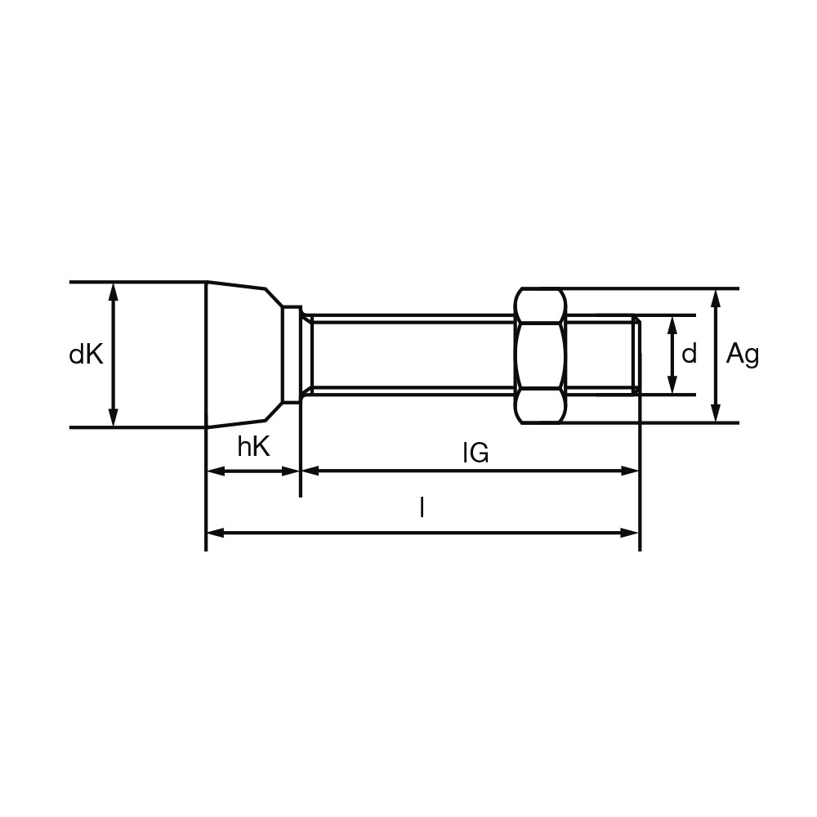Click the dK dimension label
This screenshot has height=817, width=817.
[87, 355]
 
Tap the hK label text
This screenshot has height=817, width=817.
[254, 447]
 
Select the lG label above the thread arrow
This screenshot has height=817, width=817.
[475, 453]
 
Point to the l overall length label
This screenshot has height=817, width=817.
[422, 507]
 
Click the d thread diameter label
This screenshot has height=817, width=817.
[689, 355]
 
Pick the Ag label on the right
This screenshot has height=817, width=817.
[743, 355]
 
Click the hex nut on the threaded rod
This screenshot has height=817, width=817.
[540, 355]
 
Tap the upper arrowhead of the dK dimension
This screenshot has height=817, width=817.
[113, 292]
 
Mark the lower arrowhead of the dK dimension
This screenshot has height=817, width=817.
[113, 417]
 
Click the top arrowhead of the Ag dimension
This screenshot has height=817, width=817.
[717, 297]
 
